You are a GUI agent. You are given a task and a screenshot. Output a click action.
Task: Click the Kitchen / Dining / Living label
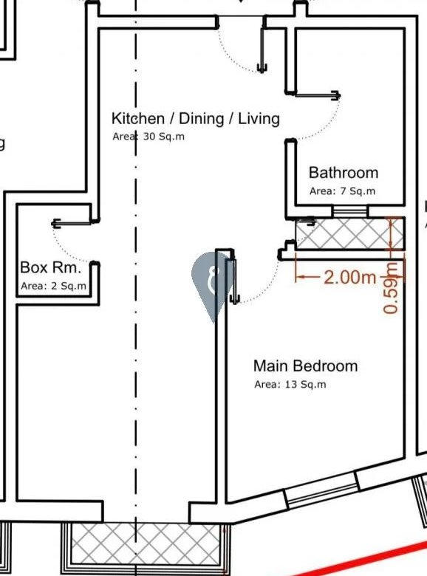coord(196,119)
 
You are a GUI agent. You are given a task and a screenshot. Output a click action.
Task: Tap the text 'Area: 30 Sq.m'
coord(148,137)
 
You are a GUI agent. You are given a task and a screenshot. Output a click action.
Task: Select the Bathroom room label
coord(344,173)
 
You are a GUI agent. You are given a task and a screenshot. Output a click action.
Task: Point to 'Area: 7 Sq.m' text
coord(342,191)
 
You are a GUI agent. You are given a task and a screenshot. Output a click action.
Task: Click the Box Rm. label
coord(50,267)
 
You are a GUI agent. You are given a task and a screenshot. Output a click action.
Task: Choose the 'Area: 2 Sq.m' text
coord(53,286)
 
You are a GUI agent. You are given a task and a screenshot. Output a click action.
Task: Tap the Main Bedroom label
coord(305,366)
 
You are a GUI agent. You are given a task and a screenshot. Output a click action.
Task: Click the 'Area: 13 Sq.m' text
coord(290,384)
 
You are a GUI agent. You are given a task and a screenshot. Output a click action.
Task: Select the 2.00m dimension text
coord(349,278)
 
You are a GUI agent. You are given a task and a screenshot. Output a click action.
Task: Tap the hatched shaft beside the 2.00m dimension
coord(350,233)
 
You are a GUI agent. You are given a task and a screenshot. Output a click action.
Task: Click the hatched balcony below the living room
coord(146,544)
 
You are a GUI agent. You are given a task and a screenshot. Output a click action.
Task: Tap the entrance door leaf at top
coord(262,49)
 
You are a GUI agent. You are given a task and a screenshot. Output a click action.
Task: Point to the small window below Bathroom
coord(350,211)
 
